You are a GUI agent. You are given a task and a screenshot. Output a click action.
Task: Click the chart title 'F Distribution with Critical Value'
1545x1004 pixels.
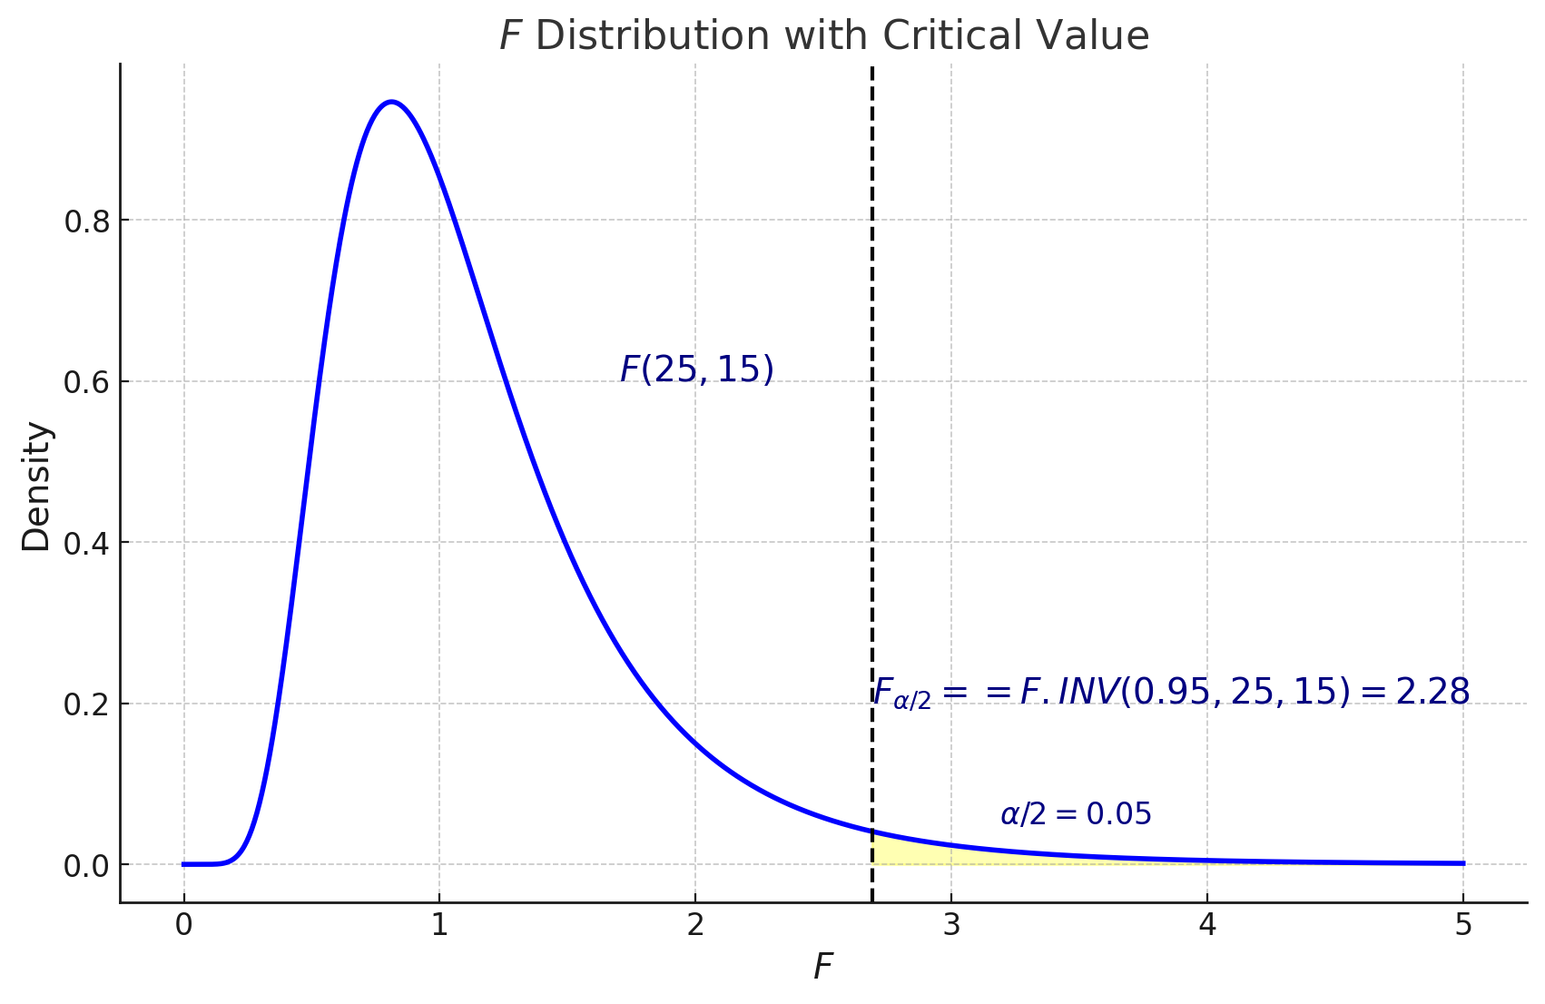(824, 36)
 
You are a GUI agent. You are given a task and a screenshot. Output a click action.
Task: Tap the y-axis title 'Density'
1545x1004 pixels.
(37, 487)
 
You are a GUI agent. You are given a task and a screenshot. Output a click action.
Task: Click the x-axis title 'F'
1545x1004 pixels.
(822, 968)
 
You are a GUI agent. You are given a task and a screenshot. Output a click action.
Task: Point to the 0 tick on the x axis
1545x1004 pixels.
(184, 926)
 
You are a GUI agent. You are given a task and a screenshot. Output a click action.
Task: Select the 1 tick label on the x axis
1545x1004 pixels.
(439, 926)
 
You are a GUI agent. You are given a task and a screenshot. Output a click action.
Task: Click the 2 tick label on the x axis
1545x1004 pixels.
(695, 926)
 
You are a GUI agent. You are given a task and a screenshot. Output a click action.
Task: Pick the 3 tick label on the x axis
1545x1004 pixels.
(951, 926)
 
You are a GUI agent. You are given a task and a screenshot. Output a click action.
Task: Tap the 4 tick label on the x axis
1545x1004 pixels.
(1207, 926)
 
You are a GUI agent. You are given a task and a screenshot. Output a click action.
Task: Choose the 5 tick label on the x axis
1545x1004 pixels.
(1462, 926)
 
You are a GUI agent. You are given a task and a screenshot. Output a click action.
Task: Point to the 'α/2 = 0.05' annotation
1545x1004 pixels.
(1076, 814)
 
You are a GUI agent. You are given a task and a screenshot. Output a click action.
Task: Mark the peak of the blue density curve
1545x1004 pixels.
(391, 102)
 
